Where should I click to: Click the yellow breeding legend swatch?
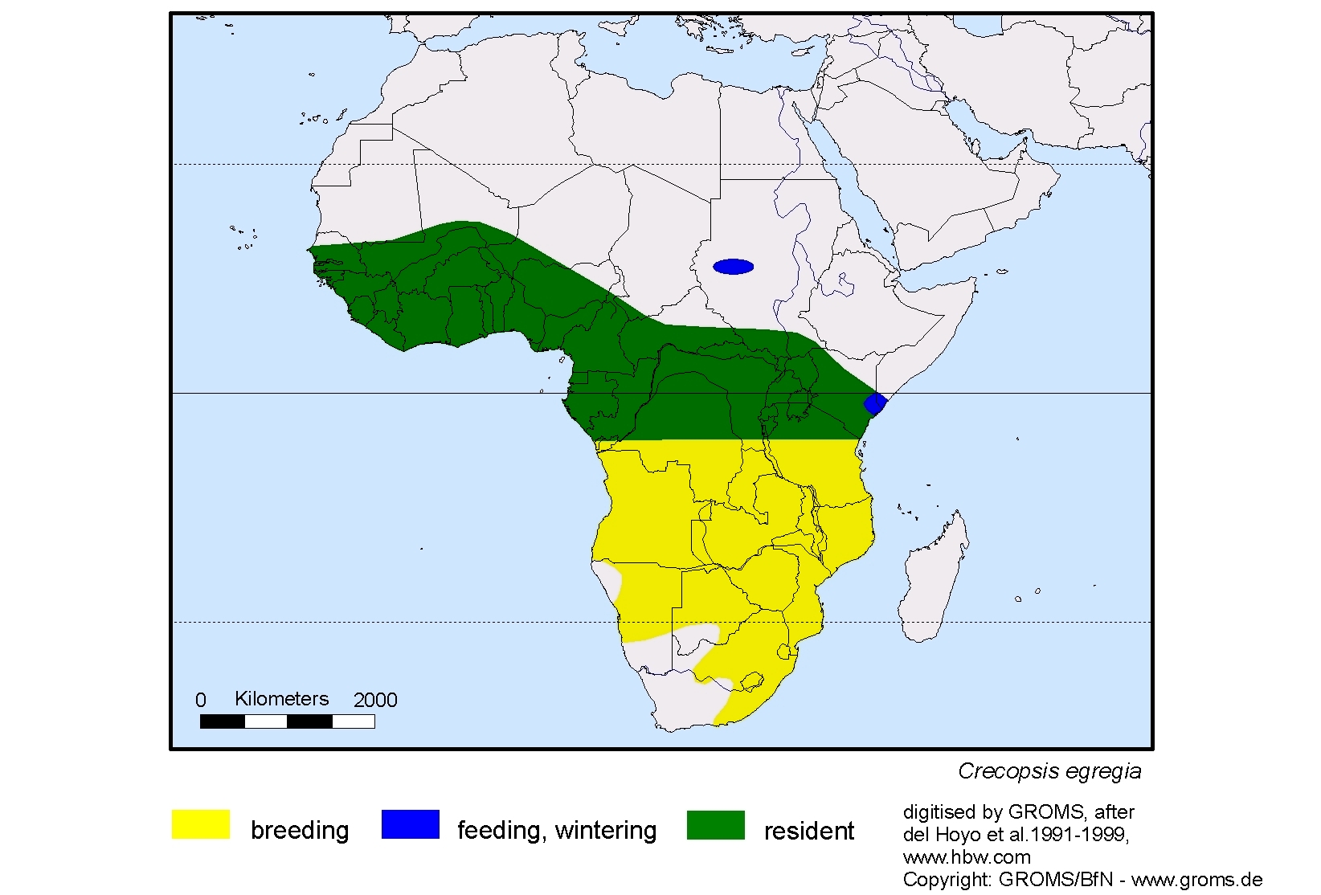tap(201, 824)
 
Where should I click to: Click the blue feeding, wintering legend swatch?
tap(410, 824)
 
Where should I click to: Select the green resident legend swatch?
tap(715, 824)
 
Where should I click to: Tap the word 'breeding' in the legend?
tap(300, 830)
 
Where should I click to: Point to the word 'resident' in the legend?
tap(808, 831)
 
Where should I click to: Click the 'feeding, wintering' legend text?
tap(557, 830)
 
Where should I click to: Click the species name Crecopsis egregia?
tap(1049, 771)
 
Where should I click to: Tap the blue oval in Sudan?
tap(733, 267)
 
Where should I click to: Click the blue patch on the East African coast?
tap(874, 403)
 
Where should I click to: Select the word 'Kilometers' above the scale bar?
tap(281, 699)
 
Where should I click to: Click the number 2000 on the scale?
tap(375, 701)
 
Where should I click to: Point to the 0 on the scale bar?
tap(201, 701)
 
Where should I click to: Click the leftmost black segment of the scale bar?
tap(222, 721)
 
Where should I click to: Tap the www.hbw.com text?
tap(967, 857)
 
